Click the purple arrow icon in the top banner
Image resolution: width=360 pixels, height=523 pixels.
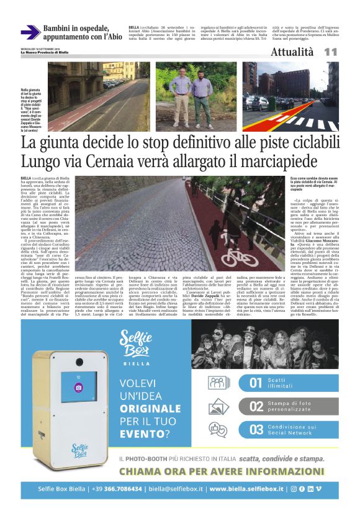tap(30, 32)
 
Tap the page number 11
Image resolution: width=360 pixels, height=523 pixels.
tap(330, 53)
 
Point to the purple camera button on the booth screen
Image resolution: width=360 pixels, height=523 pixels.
tap(79, 386)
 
